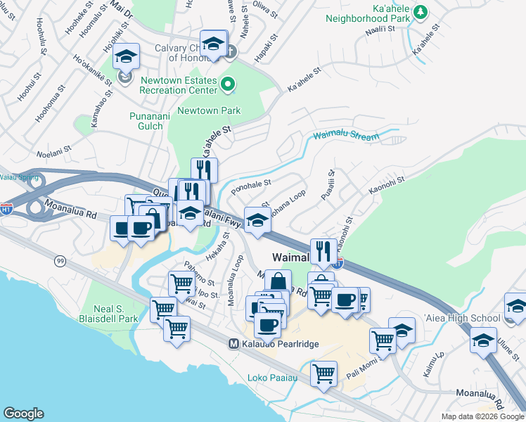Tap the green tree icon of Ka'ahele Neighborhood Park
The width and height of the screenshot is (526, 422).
pos(420,12)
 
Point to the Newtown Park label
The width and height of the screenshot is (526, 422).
pos(209,110)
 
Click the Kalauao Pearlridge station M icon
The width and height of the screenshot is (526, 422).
pos(234,343)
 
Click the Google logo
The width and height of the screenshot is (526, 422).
pos(24,414)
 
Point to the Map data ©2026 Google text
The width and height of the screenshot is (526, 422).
pos(482,416)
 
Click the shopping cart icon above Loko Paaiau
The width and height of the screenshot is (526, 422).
pos(323,373)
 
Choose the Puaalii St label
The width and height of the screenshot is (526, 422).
pos(328,185)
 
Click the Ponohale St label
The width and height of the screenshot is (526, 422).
pos(251,184)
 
